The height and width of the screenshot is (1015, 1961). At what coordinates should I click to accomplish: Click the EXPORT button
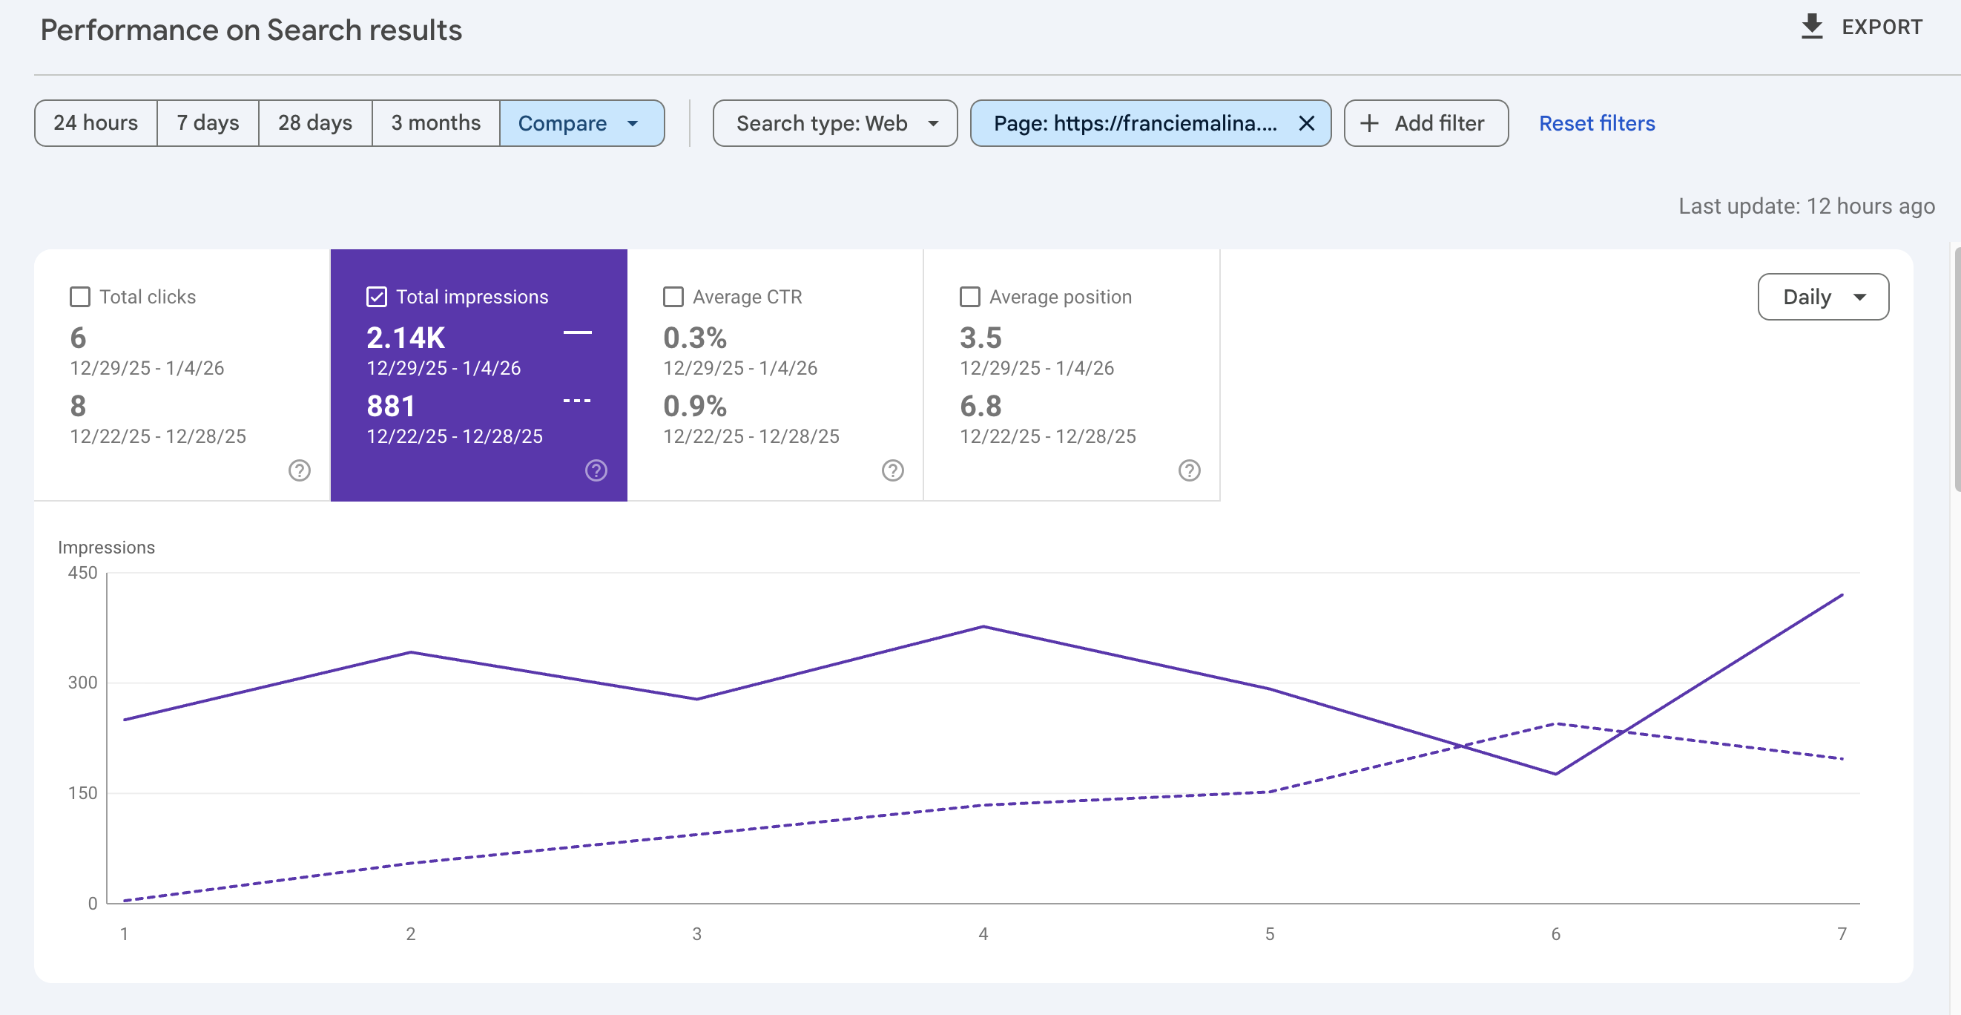1862,27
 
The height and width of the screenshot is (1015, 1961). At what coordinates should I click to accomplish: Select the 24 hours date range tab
96,122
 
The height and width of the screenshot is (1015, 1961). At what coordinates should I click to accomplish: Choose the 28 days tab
315,122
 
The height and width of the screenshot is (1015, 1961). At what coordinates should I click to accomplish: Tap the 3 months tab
435,122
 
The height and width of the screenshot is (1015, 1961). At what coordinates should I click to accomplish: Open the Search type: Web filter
835,122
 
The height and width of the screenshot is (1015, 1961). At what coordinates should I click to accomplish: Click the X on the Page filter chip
1306,122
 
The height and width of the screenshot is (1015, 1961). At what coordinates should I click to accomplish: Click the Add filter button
1425,122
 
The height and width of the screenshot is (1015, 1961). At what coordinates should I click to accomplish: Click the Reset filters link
1596,122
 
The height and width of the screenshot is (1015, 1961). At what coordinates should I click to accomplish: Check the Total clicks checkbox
80,296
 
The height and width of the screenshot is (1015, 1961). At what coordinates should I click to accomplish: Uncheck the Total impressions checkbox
377,296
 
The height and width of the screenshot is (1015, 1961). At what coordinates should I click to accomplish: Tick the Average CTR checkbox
673,296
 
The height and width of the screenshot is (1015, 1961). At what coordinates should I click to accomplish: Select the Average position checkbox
970,296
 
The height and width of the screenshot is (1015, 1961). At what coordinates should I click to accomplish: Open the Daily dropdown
1822,296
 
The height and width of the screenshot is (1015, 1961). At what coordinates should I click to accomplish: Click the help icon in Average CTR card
892,470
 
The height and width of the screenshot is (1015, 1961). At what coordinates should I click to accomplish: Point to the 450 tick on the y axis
82,572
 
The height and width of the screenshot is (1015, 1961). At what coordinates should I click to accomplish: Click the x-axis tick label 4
983,933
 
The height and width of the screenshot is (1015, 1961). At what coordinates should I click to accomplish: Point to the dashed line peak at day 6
1555,723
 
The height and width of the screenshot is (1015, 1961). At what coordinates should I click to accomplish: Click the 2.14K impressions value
406,338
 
